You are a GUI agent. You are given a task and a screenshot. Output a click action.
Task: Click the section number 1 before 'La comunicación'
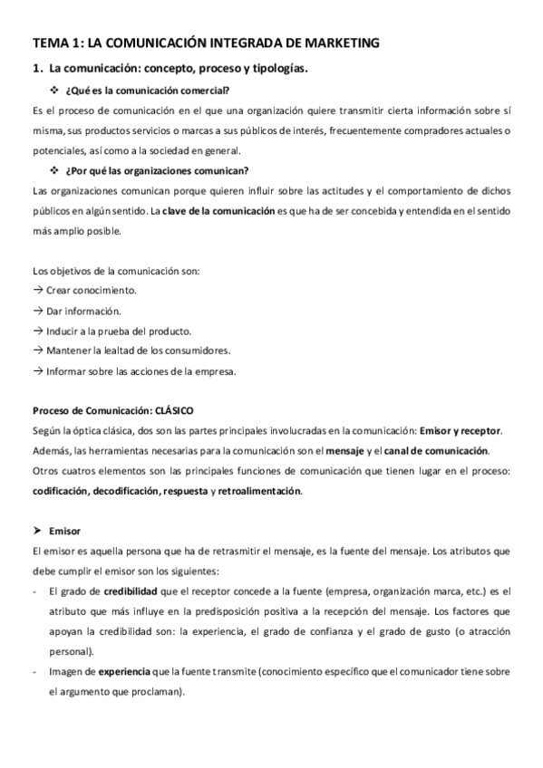point(34,68)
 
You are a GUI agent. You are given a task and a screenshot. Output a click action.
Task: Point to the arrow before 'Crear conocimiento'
point(37,291)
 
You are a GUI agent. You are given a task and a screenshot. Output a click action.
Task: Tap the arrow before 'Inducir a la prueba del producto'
point(37,331)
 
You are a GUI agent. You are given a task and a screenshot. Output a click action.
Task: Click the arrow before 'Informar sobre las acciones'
point(37,370)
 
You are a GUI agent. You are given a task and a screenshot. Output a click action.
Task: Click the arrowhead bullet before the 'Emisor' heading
point(37,532)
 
